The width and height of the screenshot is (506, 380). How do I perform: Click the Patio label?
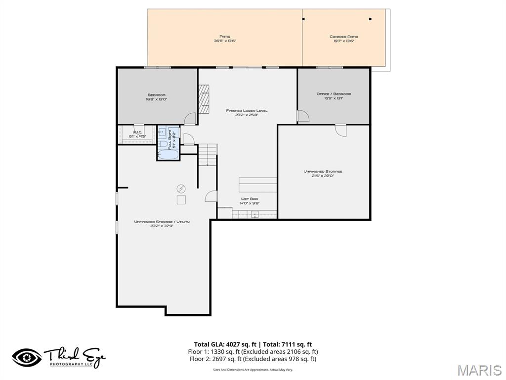coord(225,39)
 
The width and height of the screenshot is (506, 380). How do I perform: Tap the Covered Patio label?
coord(343,39)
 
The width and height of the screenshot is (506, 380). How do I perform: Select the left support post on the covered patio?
coord(303,19)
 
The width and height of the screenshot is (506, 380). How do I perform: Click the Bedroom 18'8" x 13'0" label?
coord(156,97)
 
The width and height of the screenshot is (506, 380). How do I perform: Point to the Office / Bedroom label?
coord(334,96)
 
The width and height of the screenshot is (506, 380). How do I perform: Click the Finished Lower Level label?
coord(247,113)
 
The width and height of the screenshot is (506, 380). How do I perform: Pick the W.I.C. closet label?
coord(137,134)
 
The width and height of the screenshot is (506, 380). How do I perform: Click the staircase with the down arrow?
coord(208,154)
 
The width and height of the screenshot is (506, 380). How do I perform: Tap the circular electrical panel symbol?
coord(181,189)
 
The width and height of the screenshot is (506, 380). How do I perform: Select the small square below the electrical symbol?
coord(181,199)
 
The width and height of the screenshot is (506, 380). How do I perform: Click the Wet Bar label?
coord(249,201)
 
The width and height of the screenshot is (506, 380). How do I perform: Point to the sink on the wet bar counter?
coord(255,214)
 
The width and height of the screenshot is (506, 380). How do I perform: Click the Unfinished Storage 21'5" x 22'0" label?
coord(323,174)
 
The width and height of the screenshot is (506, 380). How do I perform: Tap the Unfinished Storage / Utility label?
coord(162,224)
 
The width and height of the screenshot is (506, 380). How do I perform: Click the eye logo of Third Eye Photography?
coord(27,357)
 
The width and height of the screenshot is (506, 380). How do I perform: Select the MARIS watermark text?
coord(479,370)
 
